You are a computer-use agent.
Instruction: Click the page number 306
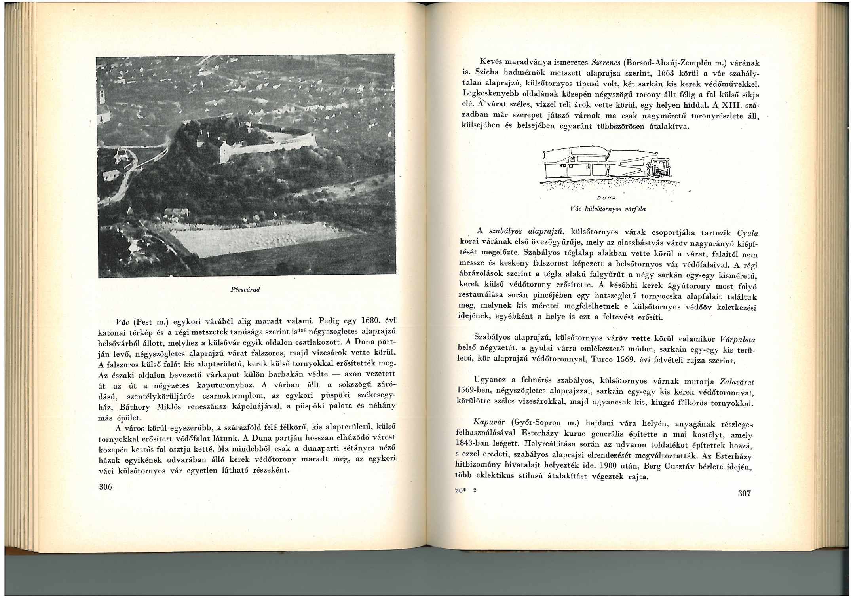(105, 486)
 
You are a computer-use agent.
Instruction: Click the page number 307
(744, 493)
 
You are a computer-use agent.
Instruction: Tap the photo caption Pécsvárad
(245, 289)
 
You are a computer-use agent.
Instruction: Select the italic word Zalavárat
(737, 382)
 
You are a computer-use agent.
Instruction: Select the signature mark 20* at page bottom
(460, 490)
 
